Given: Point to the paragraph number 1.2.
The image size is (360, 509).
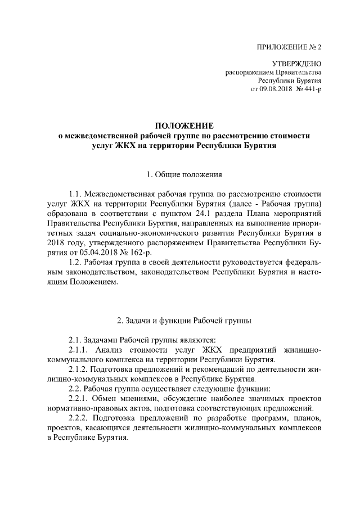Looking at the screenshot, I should click(x=75, y=263).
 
